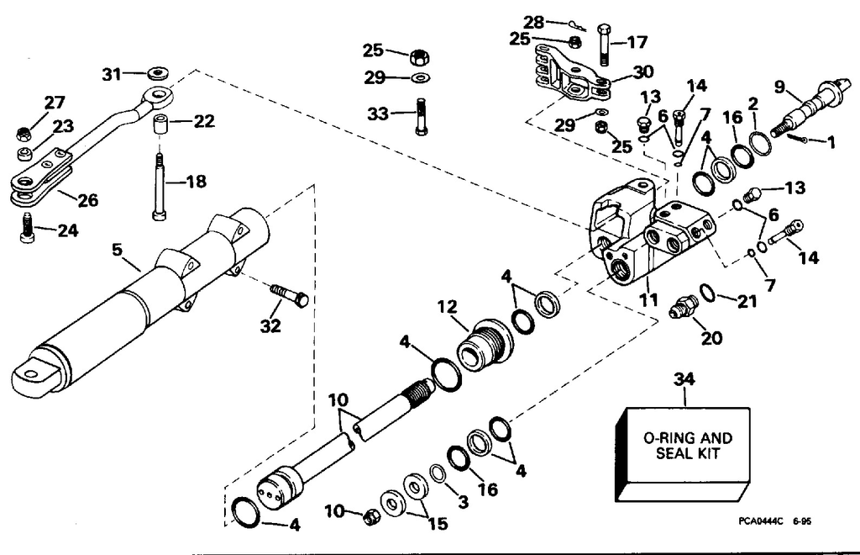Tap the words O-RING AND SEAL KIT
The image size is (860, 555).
coord(687,446)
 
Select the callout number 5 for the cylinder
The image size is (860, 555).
coord(118,250)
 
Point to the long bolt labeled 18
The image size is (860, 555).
coord(158,186)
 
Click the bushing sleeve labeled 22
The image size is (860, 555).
coord(161,129)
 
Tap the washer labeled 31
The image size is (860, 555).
coord(155,74)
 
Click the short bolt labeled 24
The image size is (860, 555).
coord(26,227)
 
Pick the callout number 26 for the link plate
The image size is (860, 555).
coord(87,200)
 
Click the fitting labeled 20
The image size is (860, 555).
coord(684,308)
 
